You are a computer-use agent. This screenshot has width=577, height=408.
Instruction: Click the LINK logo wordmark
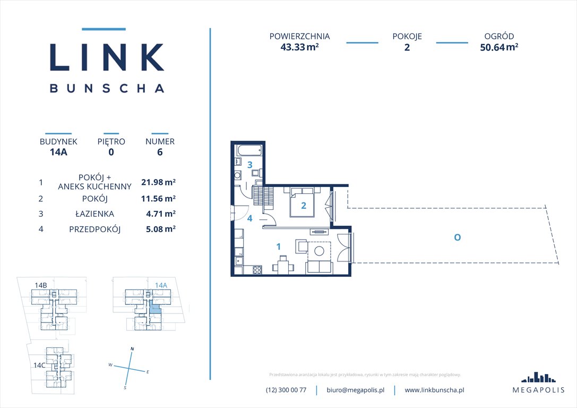107,57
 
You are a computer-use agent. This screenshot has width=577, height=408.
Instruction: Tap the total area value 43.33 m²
299,47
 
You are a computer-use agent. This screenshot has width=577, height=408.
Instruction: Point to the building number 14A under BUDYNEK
58,152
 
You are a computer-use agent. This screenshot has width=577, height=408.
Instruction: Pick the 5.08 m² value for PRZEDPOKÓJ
158,229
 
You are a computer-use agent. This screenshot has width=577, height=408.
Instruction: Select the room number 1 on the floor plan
278,246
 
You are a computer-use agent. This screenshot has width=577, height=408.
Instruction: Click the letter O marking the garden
457,237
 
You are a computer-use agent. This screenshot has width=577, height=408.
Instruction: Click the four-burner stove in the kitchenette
257,269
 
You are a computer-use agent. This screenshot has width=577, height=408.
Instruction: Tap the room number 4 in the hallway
249,218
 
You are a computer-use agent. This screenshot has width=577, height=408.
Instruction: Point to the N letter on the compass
132,348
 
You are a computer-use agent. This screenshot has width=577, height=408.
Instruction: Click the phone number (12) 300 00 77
286,390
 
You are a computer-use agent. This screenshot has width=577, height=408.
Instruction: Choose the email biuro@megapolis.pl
355,390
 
